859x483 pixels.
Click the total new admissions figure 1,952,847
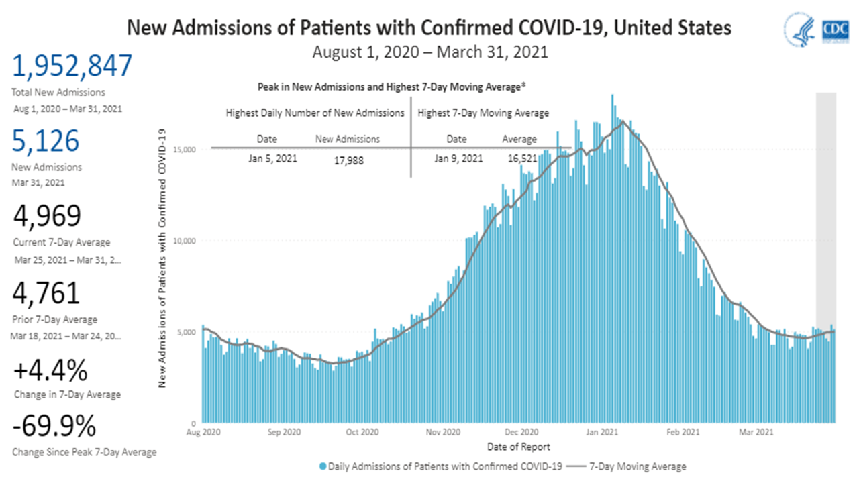click(72, 67)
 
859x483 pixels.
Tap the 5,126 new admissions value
click(46, 142)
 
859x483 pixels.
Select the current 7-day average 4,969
click(48, 217)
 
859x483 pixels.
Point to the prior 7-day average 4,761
click(46, 294)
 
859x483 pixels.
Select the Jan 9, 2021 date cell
click(458, 159)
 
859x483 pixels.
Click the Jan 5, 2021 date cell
click(272, 159)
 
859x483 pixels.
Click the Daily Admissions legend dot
click(323, 466)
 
